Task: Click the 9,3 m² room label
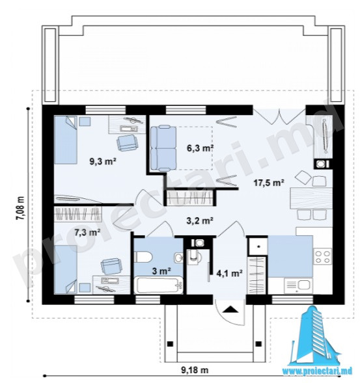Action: pyautogui.click(x=103, y=161)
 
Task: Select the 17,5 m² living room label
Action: pyautogui.click(x=269, y=183)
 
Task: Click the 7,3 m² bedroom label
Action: pyautogui.click(x=87, y=232)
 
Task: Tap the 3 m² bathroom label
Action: pyautogui.click(x=161, y=271)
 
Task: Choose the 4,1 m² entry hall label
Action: pyautogui.click(x=230, y=273)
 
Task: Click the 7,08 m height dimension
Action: pyautogui.click(x=21, y=209)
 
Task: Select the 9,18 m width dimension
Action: pyautogui.click(x=195, y=370)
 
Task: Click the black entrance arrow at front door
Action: pyautogui.click(x=230, y=310)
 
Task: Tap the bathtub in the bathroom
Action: pyautogui.click(x=158, y=285)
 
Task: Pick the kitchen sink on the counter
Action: pyautogui.click(x=298, y=285)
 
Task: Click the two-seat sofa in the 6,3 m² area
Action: pyautogui.click(x=163, y=148)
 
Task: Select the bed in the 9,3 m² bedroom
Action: pyautogui.click(x=66, y=140)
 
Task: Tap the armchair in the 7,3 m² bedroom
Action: pyautogui.click(x=111, y=266)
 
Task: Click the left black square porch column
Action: pyautogui.click(x=170, y=344)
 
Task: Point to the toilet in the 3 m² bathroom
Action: pyautogui.click(x=143, y=257)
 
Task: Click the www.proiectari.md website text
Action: pyautogui.click(x=317, y=371)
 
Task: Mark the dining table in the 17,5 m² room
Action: pyautogui.click(x=311, y=198)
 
